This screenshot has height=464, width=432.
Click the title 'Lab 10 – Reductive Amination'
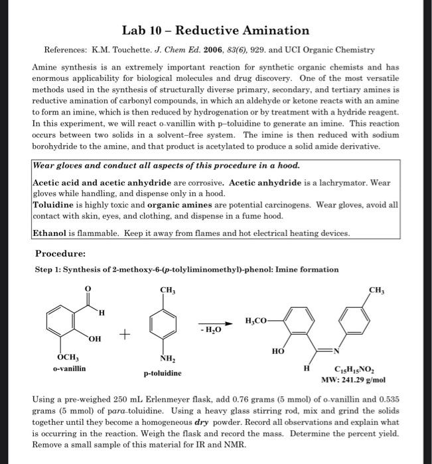[216, 30]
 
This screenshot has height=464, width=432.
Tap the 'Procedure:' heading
[60, 253]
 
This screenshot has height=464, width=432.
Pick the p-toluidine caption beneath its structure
[163, 373]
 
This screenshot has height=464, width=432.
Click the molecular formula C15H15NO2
[342, 371]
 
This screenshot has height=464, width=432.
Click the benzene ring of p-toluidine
[167, 323]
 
